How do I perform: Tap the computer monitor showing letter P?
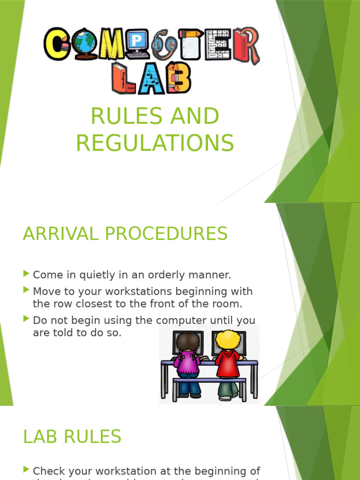tap(137, 43)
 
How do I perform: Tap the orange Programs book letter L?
tap(123, 78)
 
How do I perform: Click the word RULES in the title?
tap(120, 117)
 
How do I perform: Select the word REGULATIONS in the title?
tap(155, 143)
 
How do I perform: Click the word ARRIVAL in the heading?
tap(59, 233)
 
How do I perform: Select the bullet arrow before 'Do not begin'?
tap(26, 319)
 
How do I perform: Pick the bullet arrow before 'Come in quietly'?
tap(26, 273)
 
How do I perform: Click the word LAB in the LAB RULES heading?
tap(40, 437)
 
